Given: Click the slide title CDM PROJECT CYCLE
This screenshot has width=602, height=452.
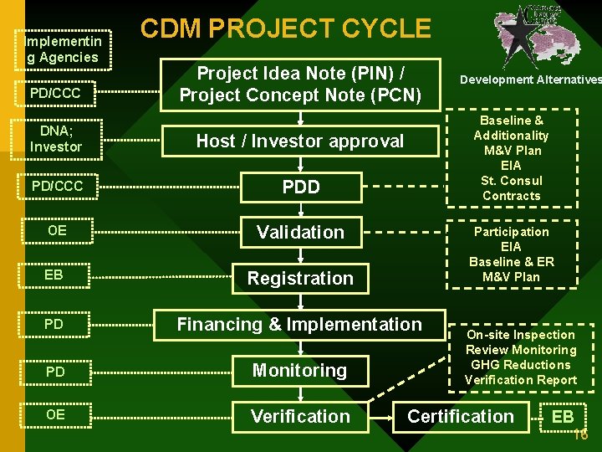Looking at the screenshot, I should point(285,29).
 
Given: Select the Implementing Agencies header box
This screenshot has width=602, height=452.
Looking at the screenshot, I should point(63,49).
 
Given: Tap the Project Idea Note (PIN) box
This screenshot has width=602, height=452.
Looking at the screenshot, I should point(299,83).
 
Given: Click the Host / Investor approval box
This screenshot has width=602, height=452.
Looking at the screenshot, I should point(299,141).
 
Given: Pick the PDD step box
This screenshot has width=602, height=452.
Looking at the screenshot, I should point(300,187).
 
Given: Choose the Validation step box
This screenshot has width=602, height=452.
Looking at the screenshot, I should point(300,233).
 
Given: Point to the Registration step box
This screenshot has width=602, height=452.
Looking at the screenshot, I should point(300,278).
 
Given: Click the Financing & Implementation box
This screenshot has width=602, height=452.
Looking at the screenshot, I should point(299,324).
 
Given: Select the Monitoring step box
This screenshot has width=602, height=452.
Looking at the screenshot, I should point(299,370).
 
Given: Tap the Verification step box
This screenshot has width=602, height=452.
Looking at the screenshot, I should point(300,416).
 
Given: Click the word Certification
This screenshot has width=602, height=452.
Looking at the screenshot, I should point(461,416).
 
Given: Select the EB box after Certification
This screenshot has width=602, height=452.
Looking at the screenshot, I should point(563,416).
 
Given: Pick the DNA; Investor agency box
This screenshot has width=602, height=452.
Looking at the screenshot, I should point(56,139).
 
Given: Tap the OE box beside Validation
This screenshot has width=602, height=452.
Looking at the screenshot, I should point(57,230).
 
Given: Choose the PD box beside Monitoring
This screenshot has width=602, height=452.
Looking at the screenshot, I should point(57,371).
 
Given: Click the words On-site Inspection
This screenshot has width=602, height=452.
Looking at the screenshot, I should point(521,335).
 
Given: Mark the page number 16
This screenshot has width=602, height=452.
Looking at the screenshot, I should point(582,435).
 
